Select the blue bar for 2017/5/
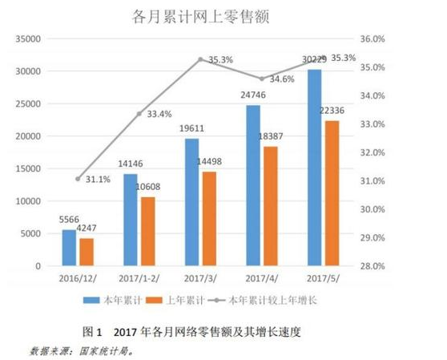[x=314, y=168]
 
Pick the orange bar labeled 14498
[x=209, y=218]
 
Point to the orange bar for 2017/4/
[x=270, y=206]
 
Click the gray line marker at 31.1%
[x=78, y=178]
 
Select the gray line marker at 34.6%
[x=262, y=79]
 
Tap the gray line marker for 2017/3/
[x=200, y=59]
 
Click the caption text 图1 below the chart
[x=93, y=330]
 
